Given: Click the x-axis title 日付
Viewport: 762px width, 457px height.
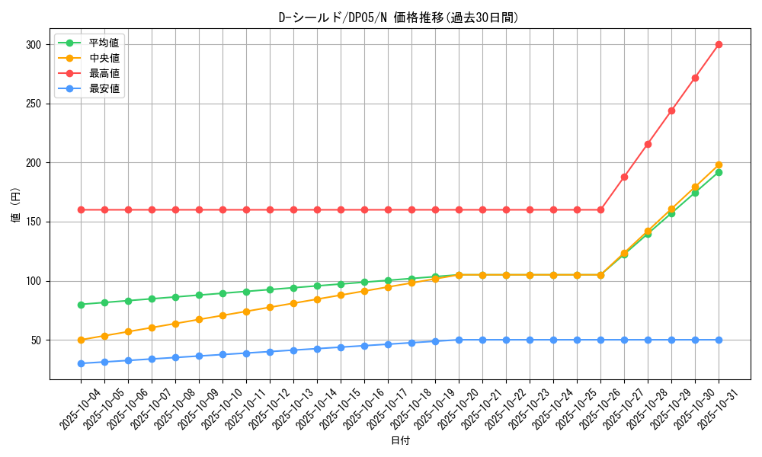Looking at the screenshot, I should [400, 441].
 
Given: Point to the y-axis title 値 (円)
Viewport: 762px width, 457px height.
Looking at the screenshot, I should [16, 206].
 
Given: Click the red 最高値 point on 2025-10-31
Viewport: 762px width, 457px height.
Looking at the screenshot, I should [719, 44].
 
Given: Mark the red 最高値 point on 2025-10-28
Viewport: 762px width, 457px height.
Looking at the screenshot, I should [648, 144].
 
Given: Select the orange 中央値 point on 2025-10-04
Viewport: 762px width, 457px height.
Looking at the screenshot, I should [81, 340].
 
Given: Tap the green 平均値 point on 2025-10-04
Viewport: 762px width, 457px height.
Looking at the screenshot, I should [81, 305].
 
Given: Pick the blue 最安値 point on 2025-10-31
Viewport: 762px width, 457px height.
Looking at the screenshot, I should [719, 340].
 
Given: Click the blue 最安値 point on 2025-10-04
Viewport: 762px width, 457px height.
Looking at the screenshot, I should [81, 363].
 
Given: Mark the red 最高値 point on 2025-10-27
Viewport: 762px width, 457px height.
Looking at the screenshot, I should [624, 177].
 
